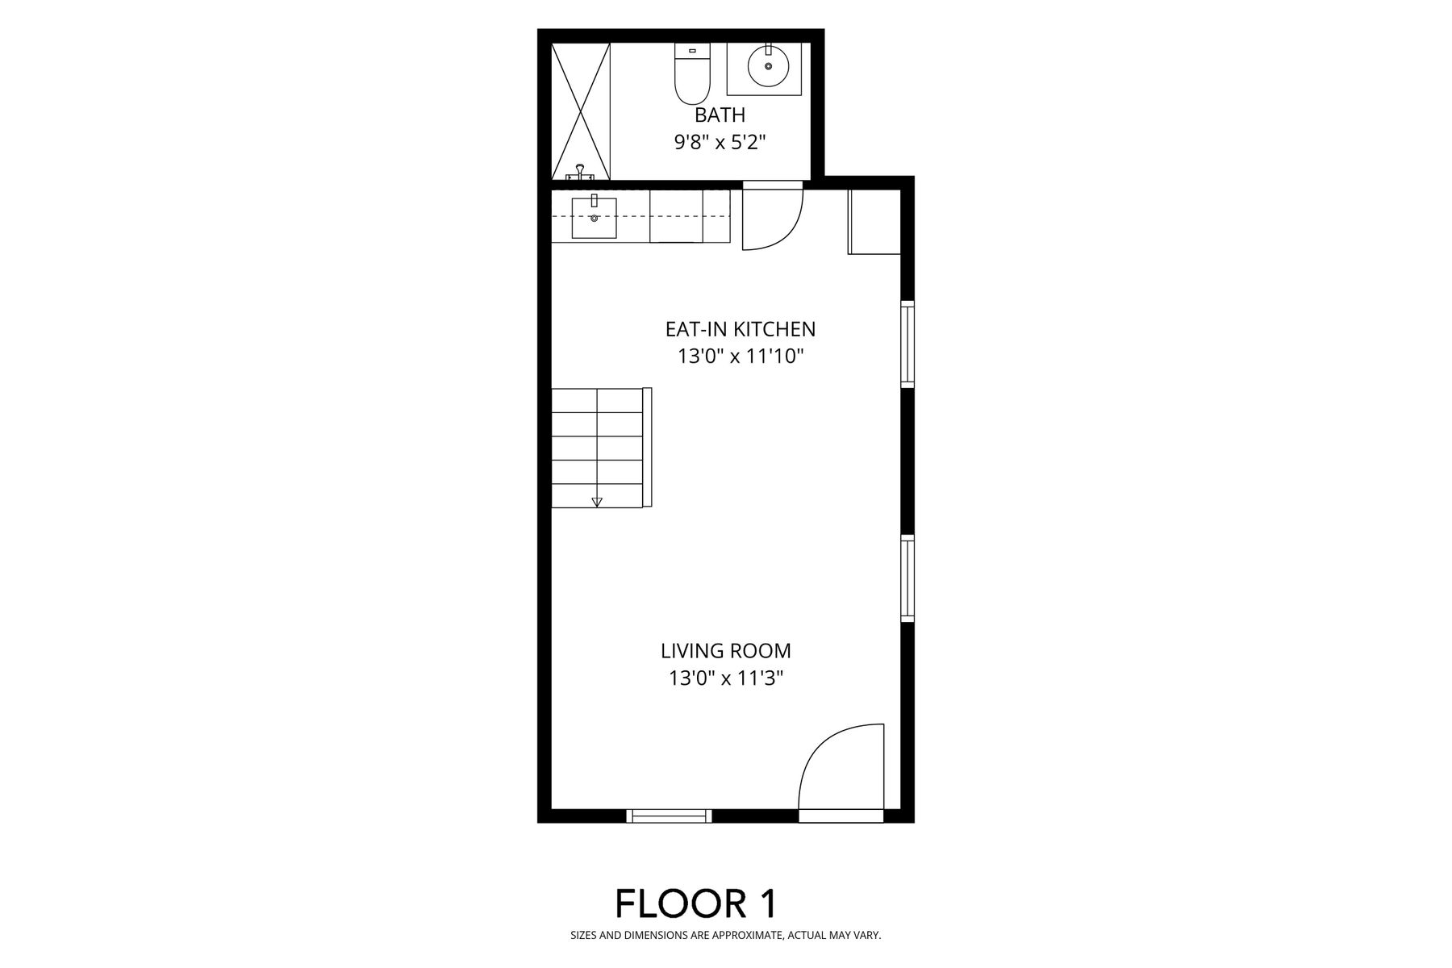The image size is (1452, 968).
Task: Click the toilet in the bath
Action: coord(691,74)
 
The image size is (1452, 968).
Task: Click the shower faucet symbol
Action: coord(580,173)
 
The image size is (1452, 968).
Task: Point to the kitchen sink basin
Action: coord(594,218)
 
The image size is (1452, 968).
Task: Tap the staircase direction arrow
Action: coord(597,502)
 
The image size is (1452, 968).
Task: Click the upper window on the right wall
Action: coord(907,344)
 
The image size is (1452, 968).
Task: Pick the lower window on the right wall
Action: coord(907,578)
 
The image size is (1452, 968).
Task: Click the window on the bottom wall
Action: coord(670,816)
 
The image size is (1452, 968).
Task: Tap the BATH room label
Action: coord(720,115)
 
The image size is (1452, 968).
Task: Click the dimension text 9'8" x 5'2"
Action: coord(720,143)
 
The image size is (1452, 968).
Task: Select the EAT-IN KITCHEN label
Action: coord(741,329)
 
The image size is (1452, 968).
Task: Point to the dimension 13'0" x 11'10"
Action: coord(741,357)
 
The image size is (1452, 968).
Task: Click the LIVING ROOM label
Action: coord(726,650)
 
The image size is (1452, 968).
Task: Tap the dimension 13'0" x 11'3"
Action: coord(726,678)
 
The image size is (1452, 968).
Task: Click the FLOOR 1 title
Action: coord(696,903)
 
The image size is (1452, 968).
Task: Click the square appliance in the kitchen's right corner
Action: coord(874,222)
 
